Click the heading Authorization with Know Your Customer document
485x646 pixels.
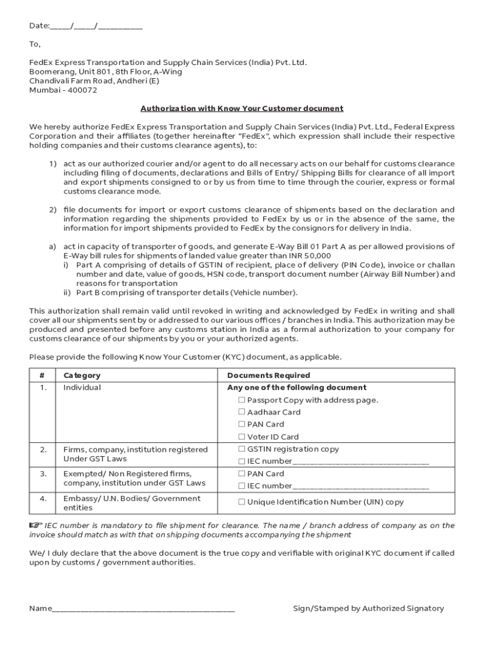(241, 109)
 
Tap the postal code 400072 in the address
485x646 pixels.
(81, 90)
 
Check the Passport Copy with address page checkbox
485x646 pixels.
(242, 400)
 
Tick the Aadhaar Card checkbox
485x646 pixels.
(242, 412)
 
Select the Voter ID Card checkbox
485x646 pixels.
(242, 437)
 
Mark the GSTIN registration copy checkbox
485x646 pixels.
(242, 449)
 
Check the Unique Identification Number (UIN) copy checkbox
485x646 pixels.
(242, 502)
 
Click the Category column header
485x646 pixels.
(82, 375)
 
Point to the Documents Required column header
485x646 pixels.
(268, 375)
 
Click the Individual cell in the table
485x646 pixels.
(82, 387)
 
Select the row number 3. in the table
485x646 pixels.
(43, 474)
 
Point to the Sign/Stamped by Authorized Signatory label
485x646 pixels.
(368, 609)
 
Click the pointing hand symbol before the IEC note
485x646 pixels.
(35, 525)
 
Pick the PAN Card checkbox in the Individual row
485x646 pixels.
(242, 425)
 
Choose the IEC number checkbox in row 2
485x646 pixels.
(242, 461)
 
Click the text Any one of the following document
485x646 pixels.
(297, 387)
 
